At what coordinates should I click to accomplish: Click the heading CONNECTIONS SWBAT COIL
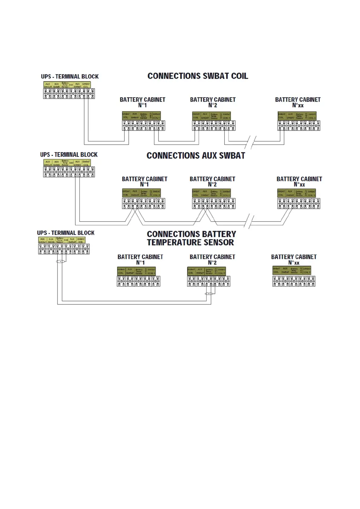click(198, 76)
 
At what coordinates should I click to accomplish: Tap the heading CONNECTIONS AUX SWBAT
click(196, 156)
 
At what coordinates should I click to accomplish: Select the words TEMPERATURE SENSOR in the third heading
click(190, 242)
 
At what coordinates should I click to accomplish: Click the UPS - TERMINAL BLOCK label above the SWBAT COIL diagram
click(70, 76)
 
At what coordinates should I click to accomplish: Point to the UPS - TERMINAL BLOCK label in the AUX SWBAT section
click(69, 155)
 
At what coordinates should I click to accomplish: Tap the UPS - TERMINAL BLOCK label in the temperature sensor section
click(66, 233)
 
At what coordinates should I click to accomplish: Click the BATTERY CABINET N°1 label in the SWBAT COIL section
click(142, 102)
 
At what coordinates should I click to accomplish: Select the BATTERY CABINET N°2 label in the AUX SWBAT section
click(212, 182)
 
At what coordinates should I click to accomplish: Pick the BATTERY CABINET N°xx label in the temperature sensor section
click(294, 260)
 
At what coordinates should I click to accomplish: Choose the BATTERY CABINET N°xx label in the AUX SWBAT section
click(299, 182)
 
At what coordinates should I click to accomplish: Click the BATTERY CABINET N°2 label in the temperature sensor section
click(212, 260)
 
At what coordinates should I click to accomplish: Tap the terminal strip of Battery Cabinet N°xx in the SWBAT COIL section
click(299, 125)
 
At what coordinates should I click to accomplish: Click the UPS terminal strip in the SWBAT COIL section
click(69, 93)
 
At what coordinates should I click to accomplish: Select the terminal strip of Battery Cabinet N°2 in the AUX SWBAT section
click(214, 203)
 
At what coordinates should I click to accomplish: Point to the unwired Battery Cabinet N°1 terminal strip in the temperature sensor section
click(139, 281)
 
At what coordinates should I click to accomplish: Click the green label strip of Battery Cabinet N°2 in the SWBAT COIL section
click(211, 116)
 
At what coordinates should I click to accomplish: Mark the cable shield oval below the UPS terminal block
click(61, 261)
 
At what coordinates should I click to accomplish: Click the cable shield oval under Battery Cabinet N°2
click(209, 293)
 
